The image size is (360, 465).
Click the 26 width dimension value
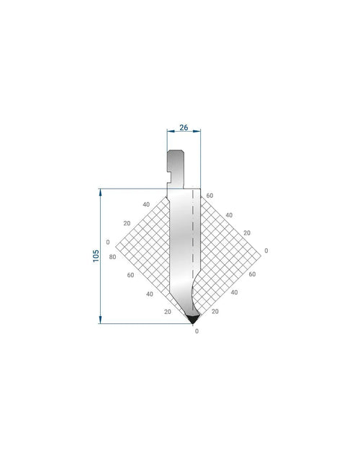coord(184,127)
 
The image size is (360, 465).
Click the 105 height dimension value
coord(96,256)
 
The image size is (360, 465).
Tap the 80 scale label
coord(112,257)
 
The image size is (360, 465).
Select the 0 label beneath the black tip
coord(197,331)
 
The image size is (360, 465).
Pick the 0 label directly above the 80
coord(108,243)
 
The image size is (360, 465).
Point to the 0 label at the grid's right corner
coord(266,250)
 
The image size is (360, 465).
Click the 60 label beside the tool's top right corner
coord(210,196)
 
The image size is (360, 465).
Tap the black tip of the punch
coord(193,319)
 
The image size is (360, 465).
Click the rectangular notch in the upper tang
coord(169,177)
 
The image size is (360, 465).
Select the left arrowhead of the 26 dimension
coord(171,131)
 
